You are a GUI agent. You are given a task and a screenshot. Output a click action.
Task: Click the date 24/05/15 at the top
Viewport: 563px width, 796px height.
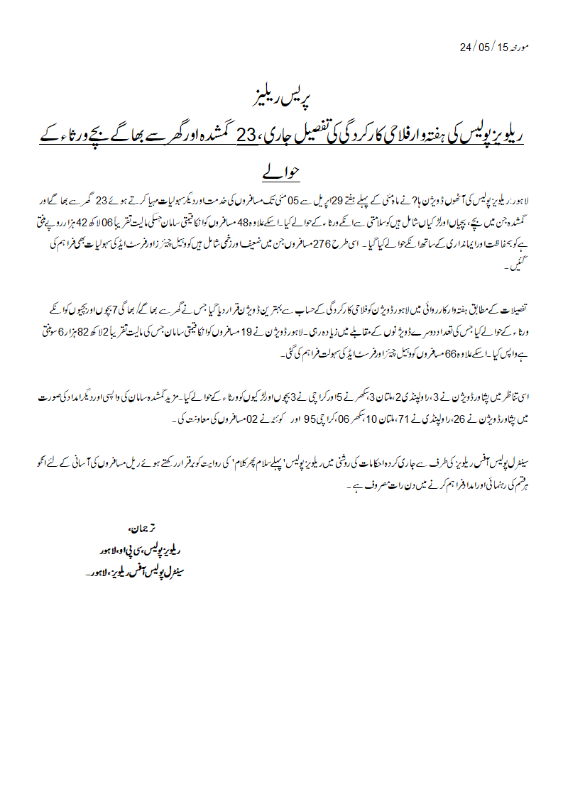pos(485,48)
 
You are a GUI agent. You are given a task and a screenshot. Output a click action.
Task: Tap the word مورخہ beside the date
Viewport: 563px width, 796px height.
pos(521,48)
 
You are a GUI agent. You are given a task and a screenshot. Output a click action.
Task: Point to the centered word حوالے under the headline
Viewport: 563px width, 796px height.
pos(282,172)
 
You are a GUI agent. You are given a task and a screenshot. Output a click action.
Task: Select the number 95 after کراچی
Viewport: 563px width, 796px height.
pos(308,419)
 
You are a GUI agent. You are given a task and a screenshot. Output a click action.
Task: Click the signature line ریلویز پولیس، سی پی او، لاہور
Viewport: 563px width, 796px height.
pos(137,549)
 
